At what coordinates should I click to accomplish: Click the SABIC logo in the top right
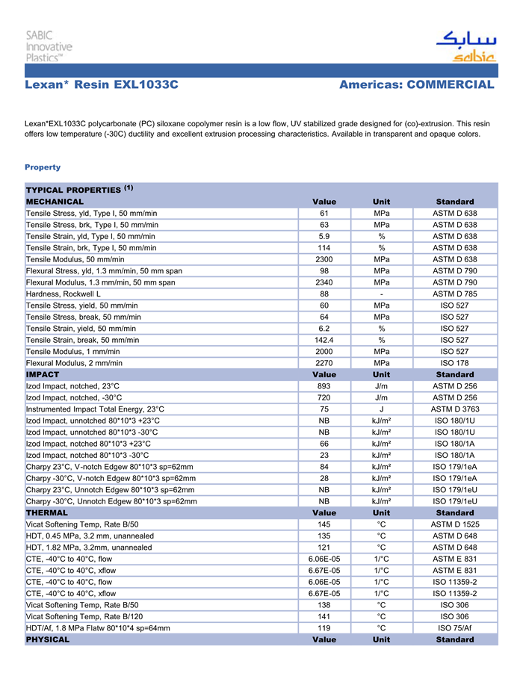(x=465, y=46)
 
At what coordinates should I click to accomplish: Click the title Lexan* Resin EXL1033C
(x=102, y=85)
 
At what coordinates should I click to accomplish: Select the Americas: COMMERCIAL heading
(x=416, y=85)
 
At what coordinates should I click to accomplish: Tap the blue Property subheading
(x=43, y=167)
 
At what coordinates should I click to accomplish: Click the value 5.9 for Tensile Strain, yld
(x=324, y=236)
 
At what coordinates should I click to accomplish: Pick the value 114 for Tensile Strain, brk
(x=324, y=248)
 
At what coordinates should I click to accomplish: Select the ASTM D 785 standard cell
(x=454, y=294)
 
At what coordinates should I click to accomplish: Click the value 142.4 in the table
(x=324, y=340)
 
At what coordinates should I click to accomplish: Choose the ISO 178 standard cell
(x=454, y=363)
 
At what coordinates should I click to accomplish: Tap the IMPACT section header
(x=43, y=374)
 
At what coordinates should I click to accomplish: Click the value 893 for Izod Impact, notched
(x=324, y=386)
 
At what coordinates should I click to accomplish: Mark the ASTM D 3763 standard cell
(x=454, y=409)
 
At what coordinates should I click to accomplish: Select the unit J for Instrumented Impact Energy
(x=381, y=409)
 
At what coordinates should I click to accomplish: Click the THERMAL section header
(x=47, y=513)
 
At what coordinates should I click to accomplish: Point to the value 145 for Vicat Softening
(x=324, y=524)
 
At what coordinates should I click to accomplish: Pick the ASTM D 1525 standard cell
(x=454, y=524)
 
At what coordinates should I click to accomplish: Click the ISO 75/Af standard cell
(x=454, y=628)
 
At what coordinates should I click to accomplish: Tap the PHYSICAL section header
(x=48, y=639)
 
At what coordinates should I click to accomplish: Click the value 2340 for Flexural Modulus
(x=324, y=282)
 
